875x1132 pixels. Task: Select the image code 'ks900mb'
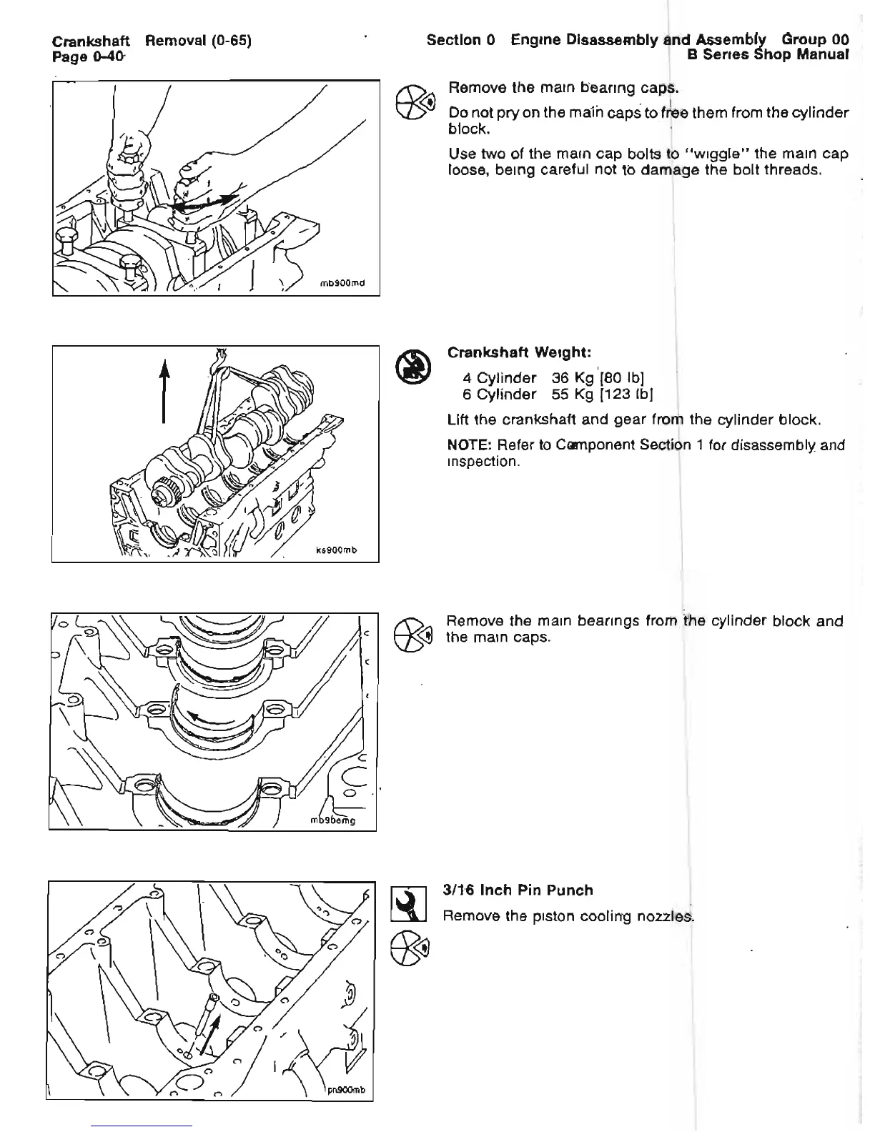[x=335, y=550]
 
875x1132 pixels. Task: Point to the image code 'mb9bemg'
[x=333, y=820]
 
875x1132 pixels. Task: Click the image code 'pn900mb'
[x=346, y=1090]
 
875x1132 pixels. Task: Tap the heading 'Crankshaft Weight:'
[x=518, y=352]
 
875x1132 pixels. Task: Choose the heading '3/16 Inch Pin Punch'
[x=518, y=890]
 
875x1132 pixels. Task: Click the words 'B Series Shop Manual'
[x=768, y=54]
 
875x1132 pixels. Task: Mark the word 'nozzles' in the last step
[x=668, y=916]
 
